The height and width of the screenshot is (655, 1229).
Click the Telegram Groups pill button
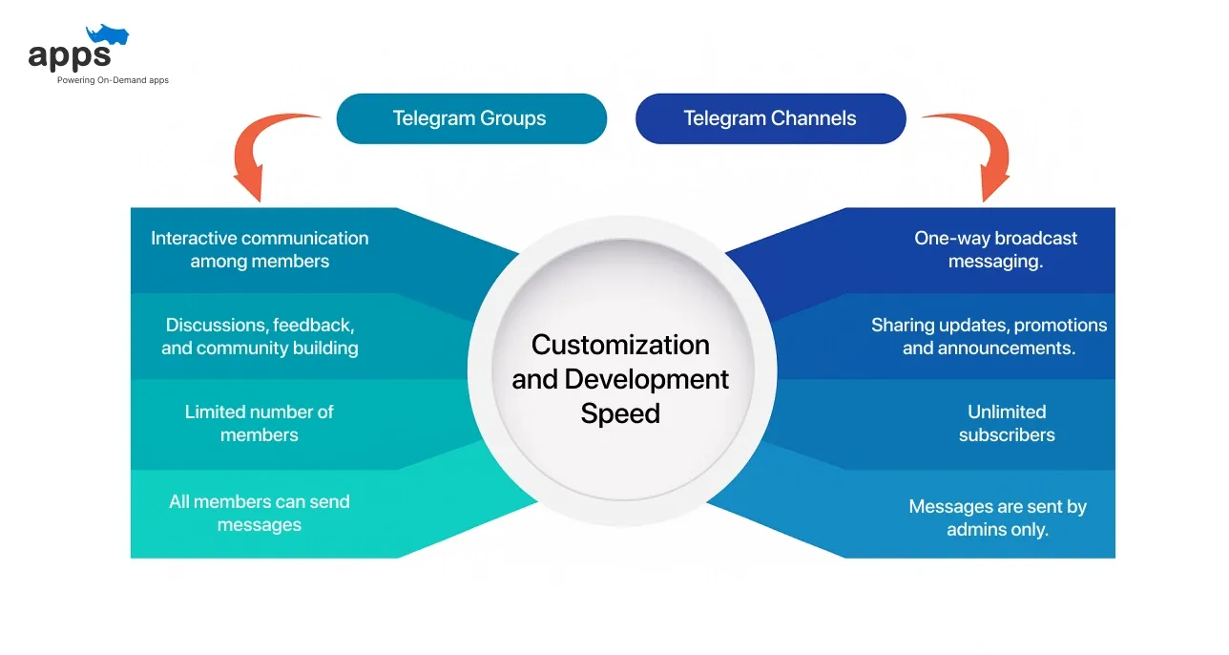[471, 118]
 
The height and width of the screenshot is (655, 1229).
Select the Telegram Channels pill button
[770, 118]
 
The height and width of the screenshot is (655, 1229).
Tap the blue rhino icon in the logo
[107, 37]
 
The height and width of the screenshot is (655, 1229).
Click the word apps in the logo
[70, 56]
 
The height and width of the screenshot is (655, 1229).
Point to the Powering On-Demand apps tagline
[113, 80]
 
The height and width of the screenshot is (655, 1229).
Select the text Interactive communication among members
[260, 249]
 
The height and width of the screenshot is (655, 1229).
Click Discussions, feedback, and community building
[260, 336]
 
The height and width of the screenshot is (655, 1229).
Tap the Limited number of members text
[260, 423]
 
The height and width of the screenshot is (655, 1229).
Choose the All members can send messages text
[260, 513]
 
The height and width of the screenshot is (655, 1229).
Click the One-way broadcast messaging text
[995, 249]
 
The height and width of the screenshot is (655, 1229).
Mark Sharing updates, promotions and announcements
[989, 336]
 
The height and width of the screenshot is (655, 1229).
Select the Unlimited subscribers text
[1007, 423]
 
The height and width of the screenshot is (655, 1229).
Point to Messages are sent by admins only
[997, 518]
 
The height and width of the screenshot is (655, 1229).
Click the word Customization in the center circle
[620, 345]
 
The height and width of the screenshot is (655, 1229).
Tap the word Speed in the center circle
[620, 413]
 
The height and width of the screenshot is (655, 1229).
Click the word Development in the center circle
[646, 379]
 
